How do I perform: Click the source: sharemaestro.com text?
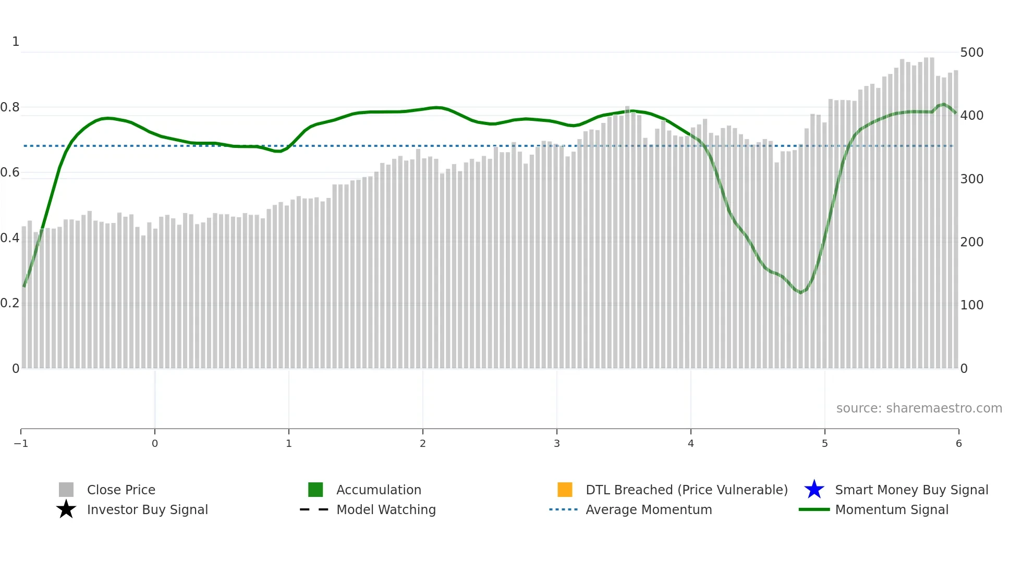pos(919,408)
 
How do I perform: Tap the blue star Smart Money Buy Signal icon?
pos(814,490)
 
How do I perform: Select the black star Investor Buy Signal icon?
pos(66,509)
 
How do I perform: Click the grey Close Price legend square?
pos(66,490)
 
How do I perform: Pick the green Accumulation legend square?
pos(315,490)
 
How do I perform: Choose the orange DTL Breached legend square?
pos(565,490)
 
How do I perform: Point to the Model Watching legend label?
pos(386,509)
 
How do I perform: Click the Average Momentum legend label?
pos(649,509)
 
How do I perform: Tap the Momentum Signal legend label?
pos(892,509)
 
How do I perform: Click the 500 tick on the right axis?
pos(971,53)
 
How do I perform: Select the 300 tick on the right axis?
pos(971,179)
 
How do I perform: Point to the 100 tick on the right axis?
pos(971,305)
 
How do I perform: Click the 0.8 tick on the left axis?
pos(10,107)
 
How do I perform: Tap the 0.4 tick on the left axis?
pos(10,238)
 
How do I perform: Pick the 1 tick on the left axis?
pos(16,42)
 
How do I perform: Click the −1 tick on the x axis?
pos(21,444)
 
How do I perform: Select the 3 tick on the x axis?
pos(557,444)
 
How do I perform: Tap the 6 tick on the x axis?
pos(958,444)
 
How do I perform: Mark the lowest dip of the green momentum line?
pos(800,292)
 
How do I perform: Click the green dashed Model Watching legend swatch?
pos(314,509)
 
